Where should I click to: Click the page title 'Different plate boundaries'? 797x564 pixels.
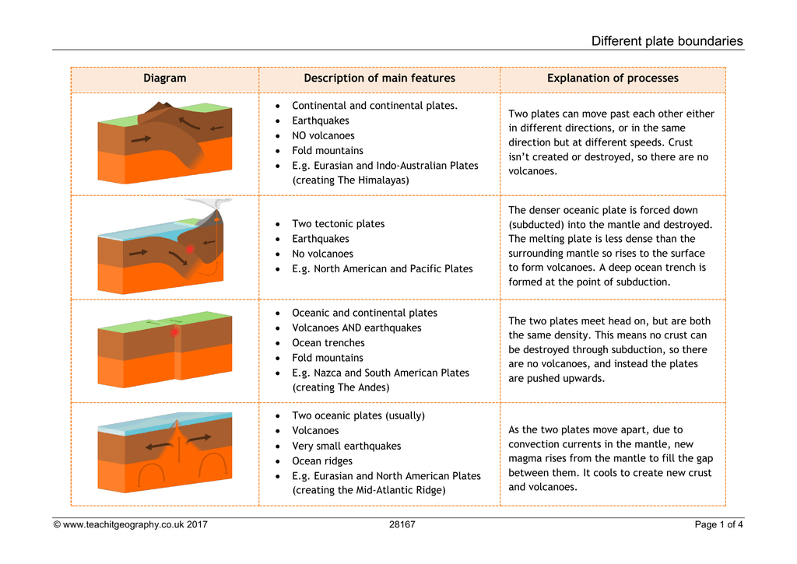pyautogui.click(x=667, y=41)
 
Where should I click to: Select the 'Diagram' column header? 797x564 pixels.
pyautogui.click(x=165, y=79)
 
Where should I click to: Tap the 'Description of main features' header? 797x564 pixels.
pyautogui.click(x=379, y=79)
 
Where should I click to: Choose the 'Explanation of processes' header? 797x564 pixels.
pyautogui.click(x=613, y=79)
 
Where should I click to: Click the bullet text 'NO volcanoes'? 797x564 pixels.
pyautogui.click(x=323, y=135)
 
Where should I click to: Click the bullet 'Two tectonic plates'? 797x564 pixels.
pyautogui.click(x=338, y=224)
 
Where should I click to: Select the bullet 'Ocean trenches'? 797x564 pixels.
pyautogui.click(x=328, y=343)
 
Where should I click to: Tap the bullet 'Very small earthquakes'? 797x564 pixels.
pyautogui.click(x=346, y=446)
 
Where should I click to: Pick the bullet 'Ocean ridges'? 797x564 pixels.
pyautogui.click(x=322, y=461)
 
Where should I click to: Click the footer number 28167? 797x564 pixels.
pyautogui.click(x=402, y=524)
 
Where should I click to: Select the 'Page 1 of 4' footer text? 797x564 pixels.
pyautogui.click(x=718, y=524)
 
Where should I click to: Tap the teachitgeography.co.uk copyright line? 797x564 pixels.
pyautogui.click(x=130, y=524)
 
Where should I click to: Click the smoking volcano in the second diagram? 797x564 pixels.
pyautogui.click(x=209, y=219)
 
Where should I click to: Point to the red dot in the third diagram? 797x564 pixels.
pyautogui.click(x=174, y=332)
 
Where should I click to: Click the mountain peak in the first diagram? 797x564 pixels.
pyautogui.click(x=162, y=107)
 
